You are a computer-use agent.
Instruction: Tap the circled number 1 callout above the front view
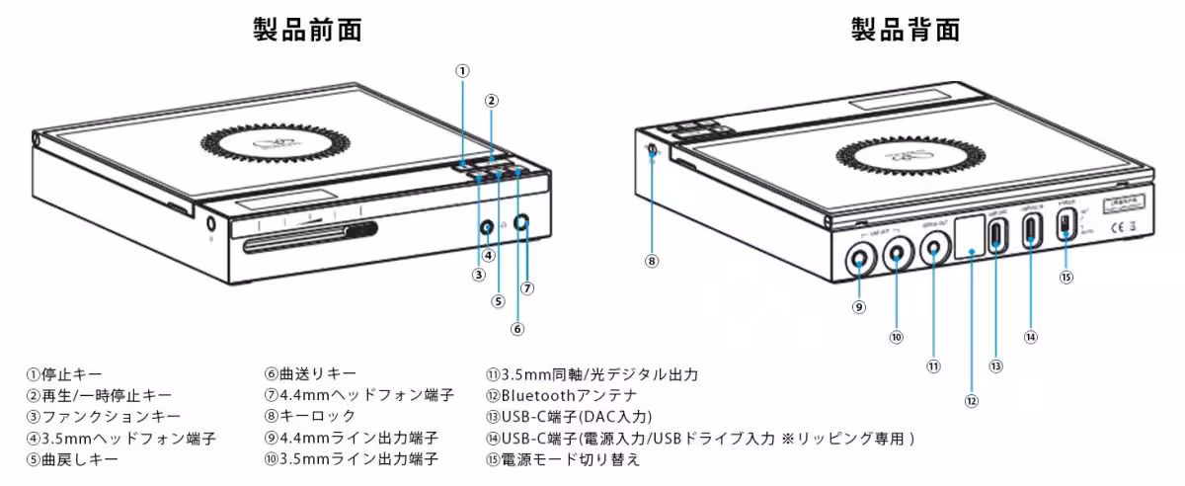click(x=462, y=70)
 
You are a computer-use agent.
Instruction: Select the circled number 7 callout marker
click(x=527, y=288)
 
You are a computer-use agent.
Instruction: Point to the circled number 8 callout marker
click(x=651, y=262)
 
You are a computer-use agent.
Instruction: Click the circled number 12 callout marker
click(x=972, y=401)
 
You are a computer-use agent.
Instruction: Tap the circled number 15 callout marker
click(x=1066, y=278)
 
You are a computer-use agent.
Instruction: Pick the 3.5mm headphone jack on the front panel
click(x=487, y=227)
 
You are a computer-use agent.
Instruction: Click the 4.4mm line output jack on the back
click(x=859, y=260)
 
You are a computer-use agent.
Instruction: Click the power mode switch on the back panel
click(x=1066, y=225)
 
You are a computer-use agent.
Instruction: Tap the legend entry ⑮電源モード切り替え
click(x=563, y=458)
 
